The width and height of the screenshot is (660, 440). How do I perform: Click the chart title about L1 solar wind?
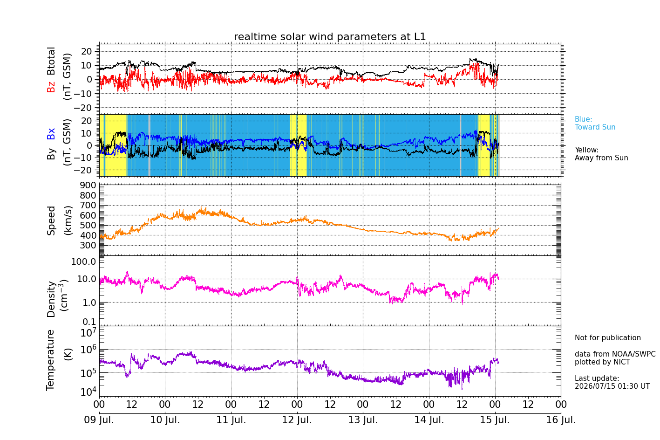pyautogui.click(x=330, y=37)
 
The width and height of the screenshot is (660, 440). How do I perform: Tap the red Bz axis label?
pyautogui.click(x=51, y=86)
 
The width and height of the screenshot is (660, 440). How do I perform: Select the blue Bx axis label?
pyautogui.click(x=51, y=134)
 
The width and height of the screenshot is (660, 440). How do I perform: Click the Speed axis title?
pyautogui.click(x=51, y=220)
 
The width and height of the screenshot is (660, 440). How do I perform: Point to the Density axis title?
pyautogui.click(x=51, y=299)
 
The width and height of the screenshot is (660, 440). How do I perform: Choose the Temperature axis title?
pyautogui.click(x=50, y=360)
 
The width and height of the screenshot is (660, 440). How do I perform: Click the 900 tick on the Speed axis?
pyautogui.click(x=88, y=186)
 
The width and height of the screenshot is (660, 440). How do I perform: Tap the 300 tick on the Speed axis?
pyautogui.click(x=88, y=245)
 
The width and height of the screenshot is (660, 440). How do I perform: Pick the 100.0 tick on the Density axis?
pyautogui.click(x=83, y=261)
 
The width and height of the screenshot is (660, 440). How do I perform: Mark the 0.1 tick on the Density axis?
pyautogui.click(x=89, y=322)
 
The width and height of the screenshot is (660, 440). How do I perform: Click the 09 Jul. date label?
pyautogui.click(x=99, y=419)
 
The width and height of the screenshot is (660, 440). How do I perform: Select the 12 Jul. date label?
pyautogui.click(x=297, y=419)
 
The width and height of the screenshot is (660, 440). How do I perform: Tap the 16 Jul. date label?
pyautogui.click(x=561, y=419)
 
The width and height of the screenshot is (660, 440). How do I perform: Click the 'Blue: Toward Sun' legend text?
pyautogui.click(x=595, y=123)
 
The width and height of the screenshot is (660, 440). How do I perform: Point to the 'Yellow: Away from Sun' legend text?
pyautogui.click(x=601, y=154)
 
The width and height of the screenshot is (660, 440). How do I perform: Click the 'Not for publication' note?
pyautogui.click(x=607, y=337)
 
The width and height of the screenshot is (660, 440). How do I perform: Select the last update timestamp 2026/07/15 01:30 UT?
pyautogui.click(x=612, y=386)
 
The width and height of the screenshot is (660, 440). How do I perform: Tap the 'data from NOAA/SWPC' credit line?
pyautogui.click(x=615, y=354)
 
